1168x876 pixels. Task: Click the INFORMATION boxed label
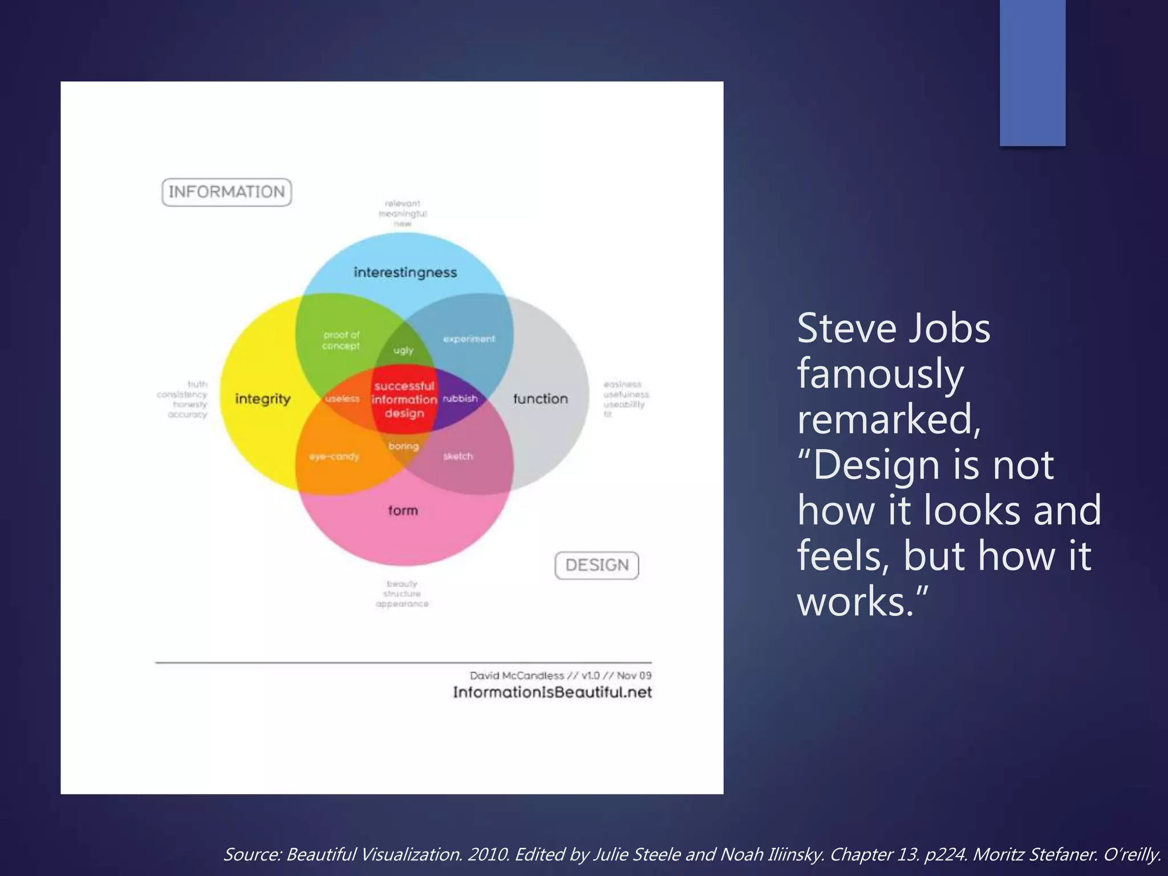pos(226,192)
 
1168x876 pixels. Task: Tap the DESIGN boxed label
pos(597,565)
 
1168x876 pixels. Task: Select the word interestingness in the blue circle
pos(405,273)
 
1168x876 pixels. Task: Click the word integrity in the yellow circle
pos(262,399)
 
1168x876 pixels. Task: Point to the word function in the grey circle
pos(540,399)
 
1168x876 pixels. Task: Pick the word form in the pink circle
pos(403,510)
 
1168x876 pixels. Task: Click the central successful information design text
pos(404,399)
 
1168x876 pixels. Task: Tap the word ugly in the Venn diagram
pos(403,350)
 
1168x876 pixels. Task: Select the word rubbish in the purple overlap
pos(460,398)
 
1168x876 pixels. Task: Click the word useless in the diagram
pos(342,399)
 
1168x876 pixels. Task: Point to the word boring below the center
pos(403,446)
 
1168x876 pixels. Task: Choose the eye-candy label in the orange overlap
pos(334,457)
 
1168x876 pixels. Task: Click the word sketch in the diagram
pos(458,456)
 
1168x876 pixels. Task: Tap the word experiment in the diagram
pos(469,339)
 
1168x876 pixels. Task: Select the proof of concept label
pos(341,340)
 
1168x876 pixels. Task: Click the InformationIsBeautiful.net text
pos(552,692)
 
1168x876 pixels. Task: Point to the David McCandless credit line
pos(560,675)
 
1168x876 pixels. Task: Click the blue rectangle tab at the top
pos(1032,72)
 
